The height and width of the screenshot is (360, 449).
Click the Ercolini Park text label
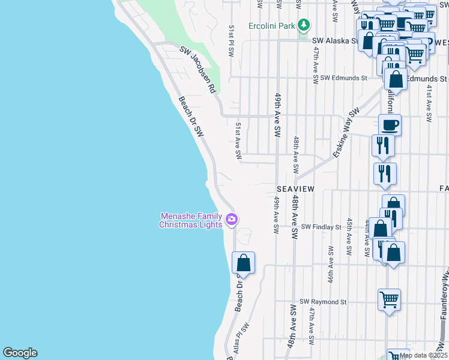click(x=272, y=26)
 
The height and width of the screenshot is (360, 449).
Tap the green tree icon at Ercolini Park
click(x=304, y=25)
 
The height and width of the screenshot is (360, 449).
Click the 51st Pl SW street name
click(x=231, y=41)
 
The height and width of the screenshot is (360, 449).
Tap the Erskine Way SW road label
click(x=346, y=133)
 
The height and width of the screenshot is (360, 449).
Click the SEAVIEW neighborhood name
click(x=295, y=188)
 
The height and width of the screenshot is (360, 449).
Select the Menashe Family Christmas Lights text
click(x=190, y=220)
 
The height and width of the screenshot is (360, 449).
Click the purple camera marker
click(x=232, y=220)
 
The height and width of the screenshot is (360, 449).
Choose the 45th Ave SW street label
click(x=348, y=233)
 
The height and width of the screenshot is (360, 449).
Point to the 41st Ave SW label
click(x=429, y=103)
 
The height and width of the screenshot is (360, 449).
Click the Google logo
click(x=20, y=353)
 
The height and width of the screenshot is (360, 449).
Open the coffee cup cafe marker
click(x=390, y=125)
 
